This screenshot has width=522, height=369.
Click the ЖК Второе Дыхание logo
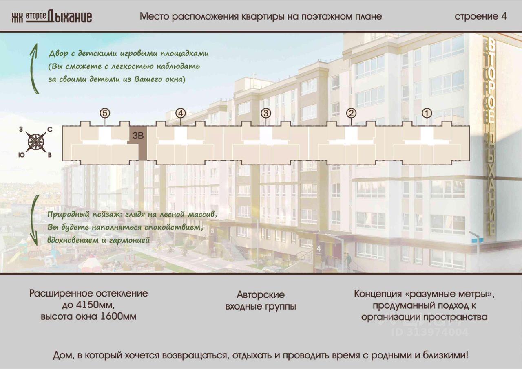51,17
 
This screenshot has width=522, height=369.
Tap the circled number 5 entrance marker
105,113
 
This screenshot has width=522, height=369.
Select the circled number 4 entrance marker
181,113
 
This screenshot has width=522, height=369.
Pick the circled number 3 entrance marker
265,113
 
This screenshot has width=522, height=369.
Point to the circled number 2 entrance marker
351,113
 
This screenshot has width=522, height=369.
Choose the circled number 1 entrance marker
427,113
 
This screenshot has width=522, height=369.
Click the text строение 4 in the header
481,17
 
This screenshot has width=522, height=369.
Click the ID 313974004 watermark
430,332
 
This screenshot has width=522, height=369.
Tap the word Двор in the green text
58,54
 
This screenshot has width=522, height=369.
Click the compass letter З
21,130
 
